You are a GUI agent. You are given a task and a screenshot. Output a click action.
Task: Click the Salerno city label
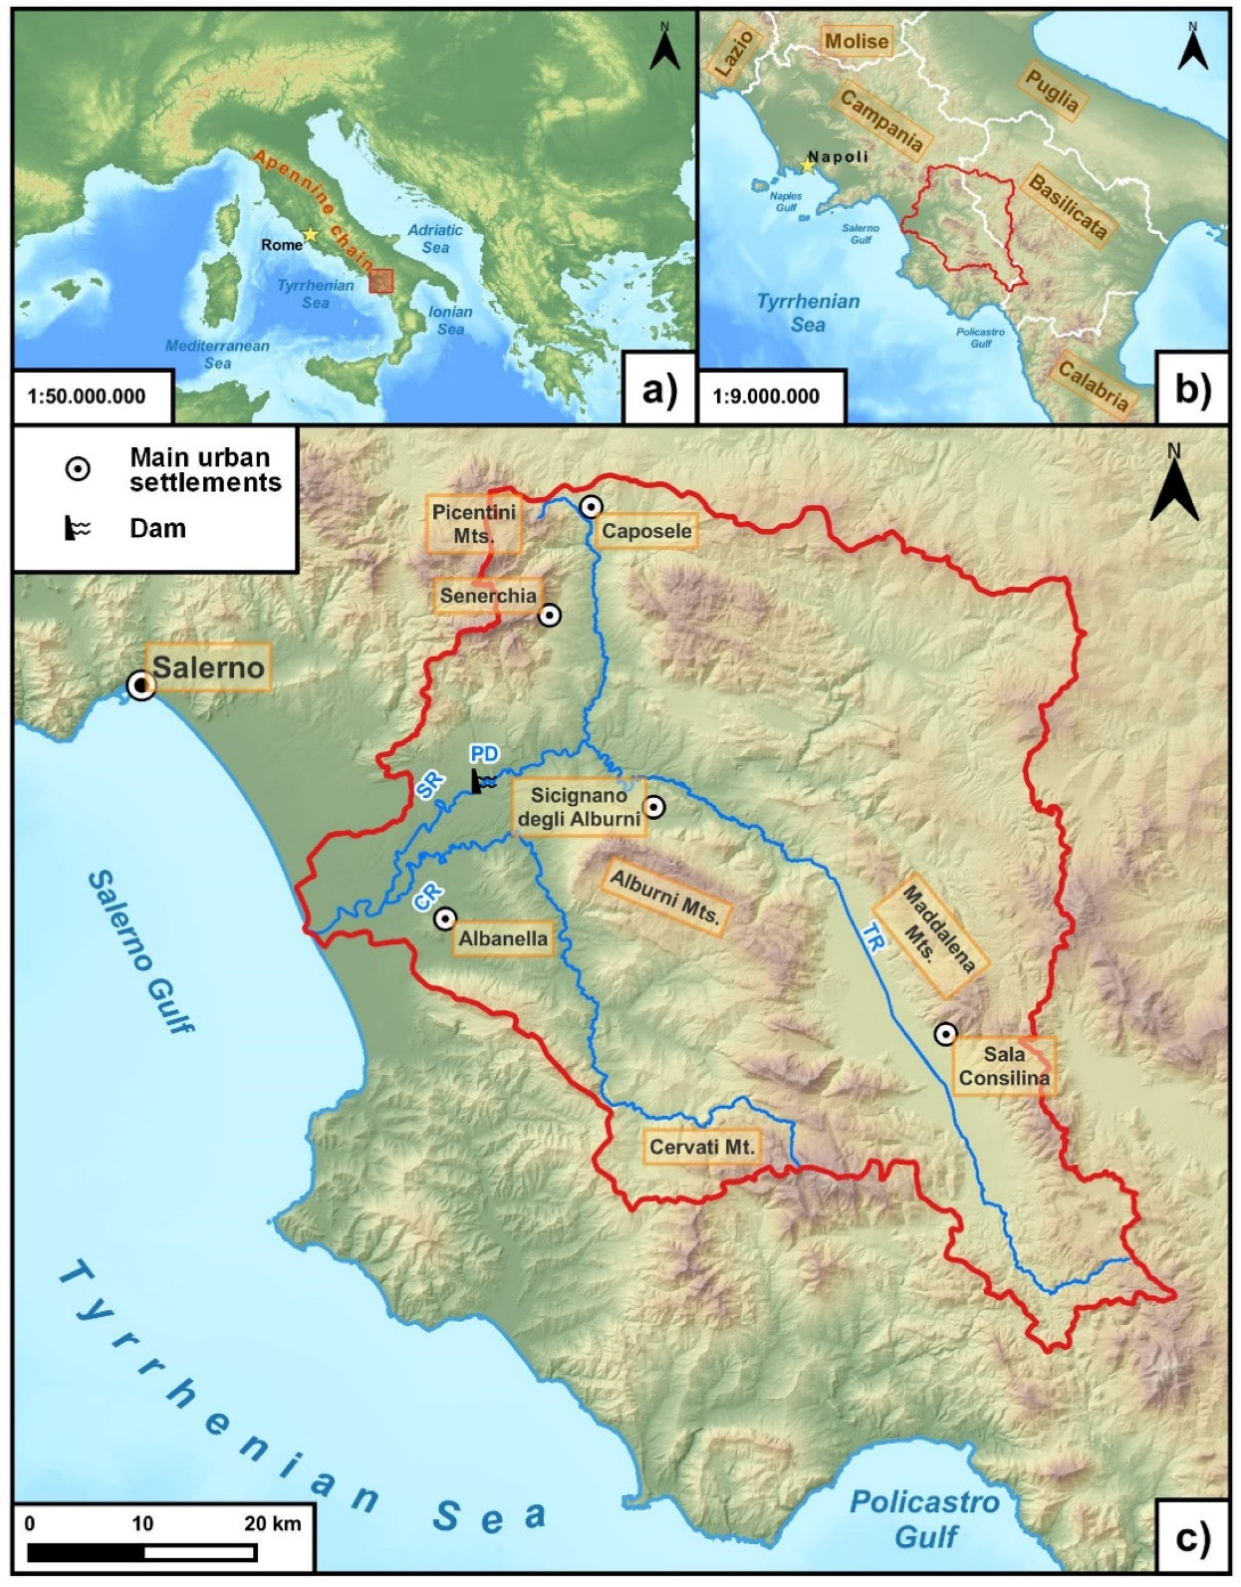[209, 666]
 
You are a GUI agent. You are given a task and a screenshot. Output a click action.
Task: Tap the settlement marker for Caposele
[591, 507]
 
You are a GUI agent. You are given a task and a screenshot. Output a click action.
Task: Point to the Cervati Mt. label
[702, 1147]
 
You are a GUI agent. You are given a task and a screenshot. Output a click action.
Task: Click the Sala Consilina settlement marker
[945, 1034]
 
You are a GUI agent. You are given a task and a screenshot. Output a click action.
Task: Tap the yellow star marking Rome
[310, 234]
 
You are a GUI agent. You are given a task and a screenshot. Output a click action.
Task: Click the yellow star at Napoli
[807, 166]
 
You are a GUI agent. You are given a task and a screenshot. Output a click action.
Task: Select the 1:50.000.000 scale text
[87, 397]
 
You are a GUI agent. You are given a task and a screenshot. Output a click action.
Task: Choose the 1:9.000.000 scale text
[766, 397]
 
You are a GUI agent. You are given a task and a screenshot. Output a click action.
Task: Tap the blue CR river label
[428, 896]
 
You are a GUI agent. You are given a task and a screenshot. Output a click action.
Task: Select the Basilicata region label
[1067, 207]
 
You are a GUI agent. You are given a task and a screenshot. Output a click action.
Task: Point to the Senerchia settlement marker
[550, 616]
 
